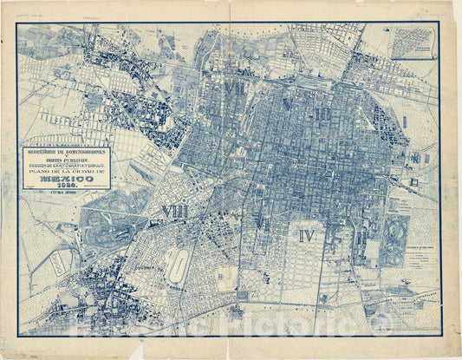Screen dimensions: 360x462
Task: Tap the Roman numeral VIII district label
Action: pos(174,211)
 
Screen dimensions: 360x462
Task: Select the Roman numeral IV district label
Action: pos(308,235)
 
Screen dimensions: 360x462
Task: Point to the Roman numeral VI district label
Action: pos(261,225)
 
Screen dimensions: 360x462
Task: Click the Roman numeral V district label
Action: pos(287,104)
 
